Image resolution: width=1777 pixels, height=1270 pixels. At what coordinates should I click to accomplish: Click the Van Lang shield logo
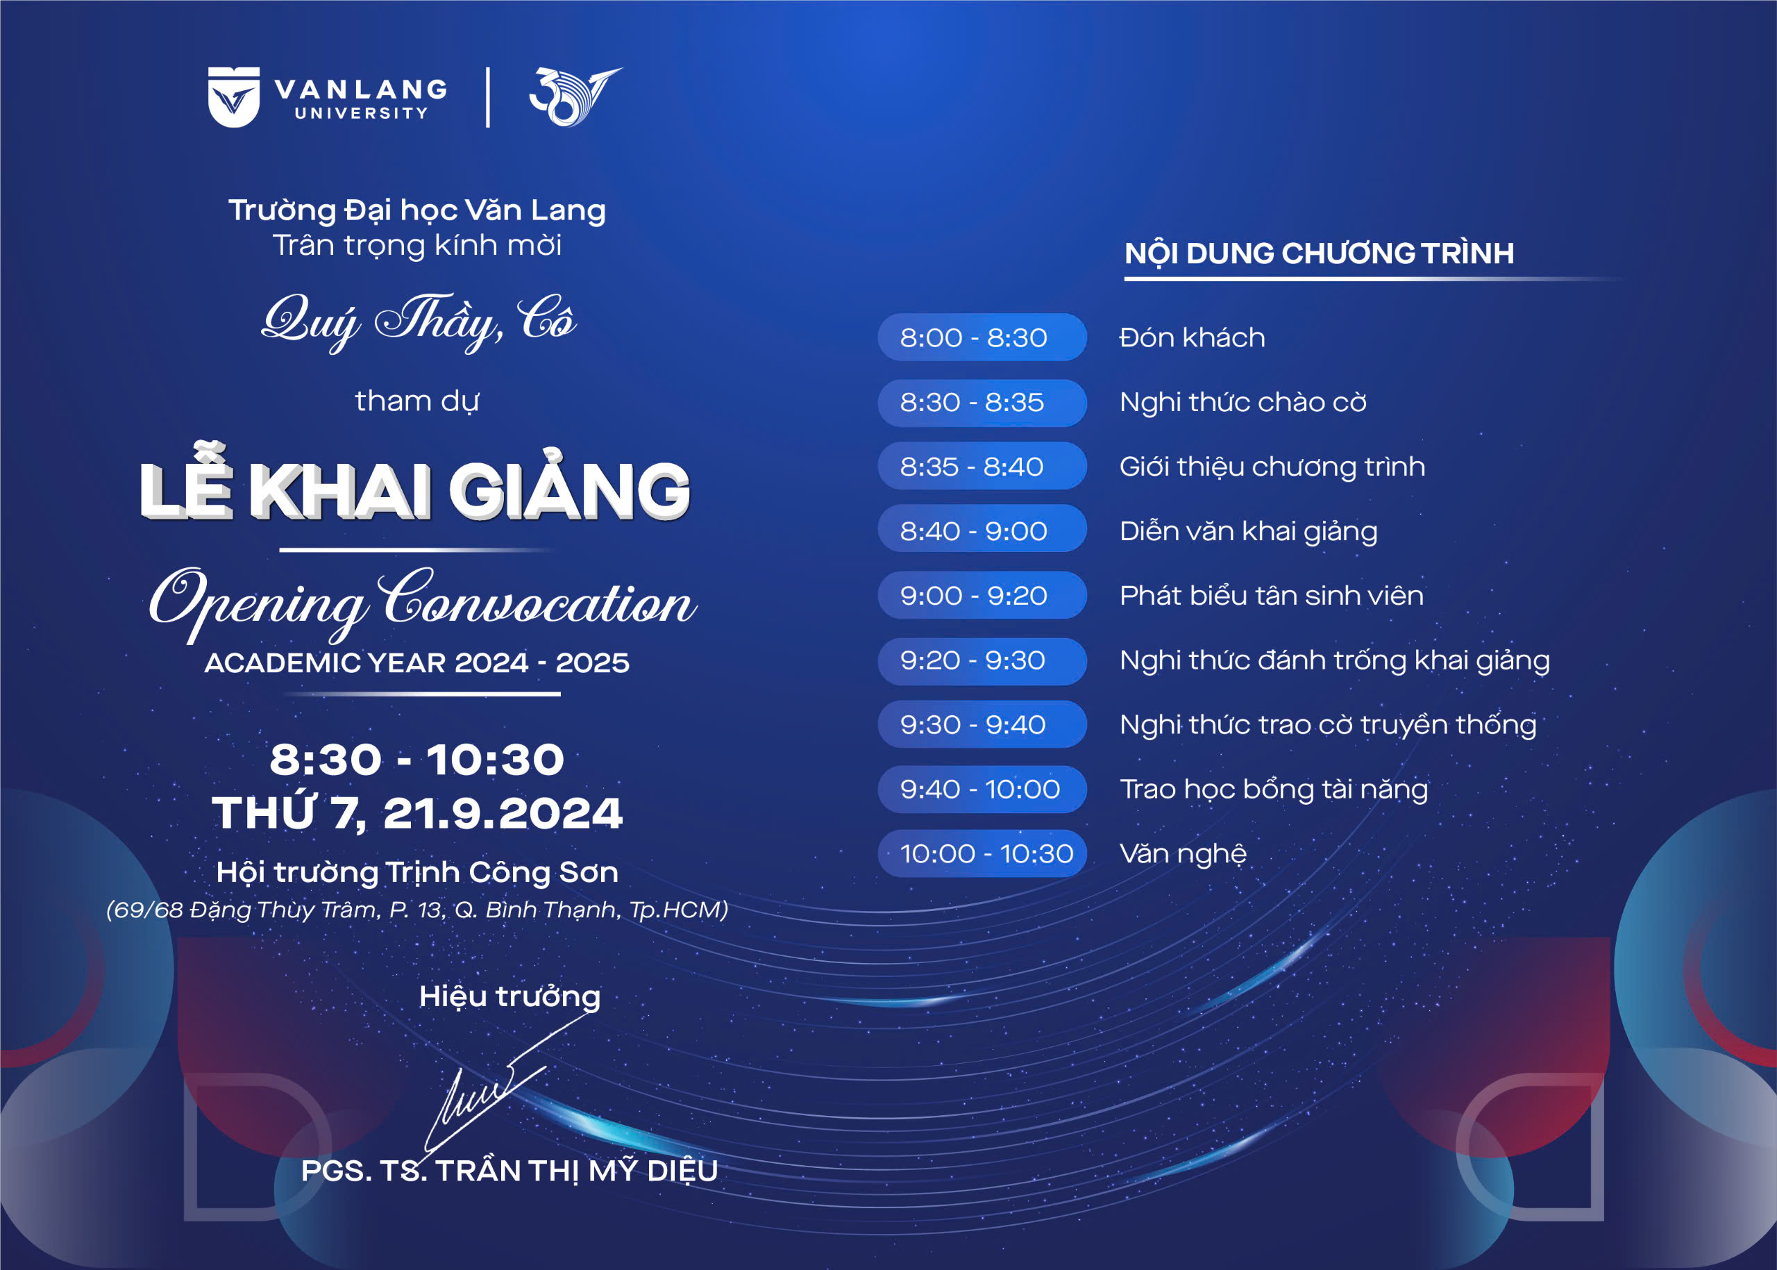coord(234,97)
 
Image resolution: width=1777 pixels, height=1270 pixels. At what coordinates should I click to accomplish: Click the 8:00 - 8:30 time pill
coord(982,337)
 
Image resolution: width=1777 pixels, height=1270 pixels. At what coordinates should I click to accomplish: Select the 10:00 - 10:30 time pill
coord(982,853)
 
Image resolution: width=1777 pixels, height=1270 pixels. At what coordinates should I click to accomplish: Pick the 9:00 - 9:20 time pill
coord(982,595)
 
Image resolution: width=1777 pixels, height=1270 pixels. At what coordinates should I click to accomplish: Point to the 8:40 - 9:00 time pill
coord(982,531)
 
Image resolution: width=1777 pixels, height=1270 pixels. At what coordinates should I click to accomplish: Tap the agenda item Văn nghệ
coord(1183,854)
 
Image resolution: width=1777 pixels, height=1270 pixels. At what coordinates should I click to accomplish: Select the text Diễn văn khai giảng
coord(1249,532)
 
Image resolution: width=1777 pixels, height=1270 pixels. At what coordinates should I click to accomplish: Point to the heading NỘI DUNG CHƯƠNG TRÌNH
coord(1319,253)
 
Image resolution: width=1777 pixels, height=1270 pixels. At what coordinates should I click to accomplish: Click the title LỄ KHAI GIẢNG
coord(415,485)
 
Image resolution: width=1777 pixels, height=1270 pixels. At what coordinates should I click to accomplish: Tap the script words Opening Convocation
coord(422,603)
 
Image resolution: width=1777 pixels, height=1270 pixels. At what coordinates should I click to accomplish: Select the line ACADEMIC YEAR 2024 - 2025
coord(416,663)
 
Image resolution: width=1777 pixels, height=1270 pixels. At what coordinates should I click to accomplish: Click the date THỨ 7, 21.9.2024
coord(416,813)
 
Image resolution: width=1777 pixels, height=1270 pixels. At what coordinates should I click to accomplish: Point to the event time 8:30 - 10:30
coord(416,760)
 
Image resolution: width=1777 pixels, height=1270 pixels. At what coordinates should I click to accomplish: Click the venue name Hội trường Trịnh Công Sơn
coord(416,872)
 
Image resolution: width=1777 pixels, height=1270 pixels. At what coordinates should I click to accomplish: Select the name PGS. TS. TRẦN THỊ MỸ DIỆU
coord(509,1171)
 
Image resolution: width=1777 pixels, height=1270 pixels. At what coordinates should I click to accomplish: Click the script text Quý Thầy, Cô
coord(419,321)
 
